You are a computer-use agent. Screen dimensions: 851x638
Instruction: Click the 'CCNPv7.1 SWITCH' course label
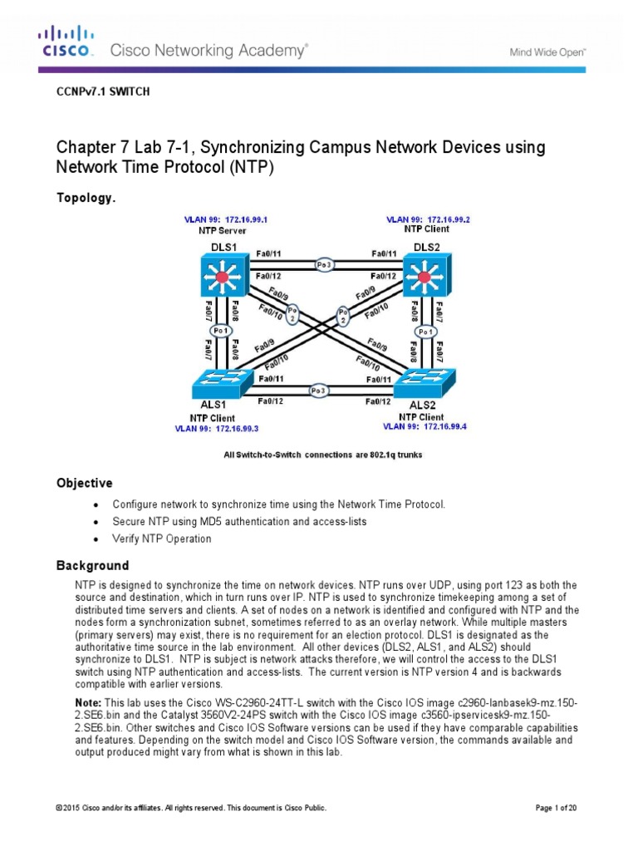pyautogui.click(x=102, y=92)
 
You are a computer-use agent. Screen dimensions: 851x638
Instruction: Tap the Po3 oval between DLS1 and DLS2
pyautogui.click(x=324, y=264)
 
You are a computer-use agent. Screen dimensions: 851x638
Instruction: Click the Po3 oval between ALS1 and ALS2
pyautogui.click(x=317, y=390)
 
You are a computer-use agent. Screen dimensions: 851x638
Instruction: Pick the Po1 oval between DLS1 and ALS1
pyautogui.click(x=220, y=331)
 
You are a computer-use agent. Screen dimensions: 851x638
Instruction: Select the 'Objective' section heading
pyautogui.click(x=84, y=483)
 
